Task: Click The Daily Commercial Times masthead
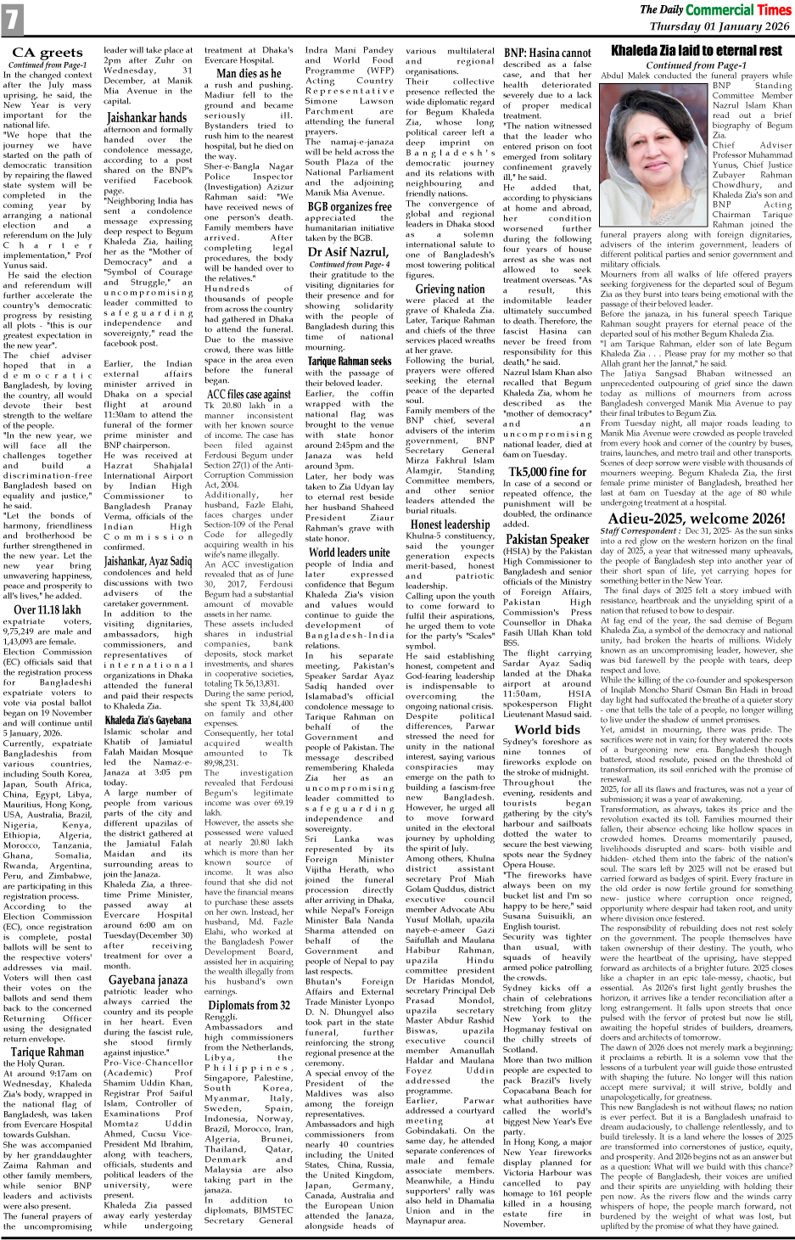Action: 714,10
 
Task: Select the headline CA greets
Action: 47,53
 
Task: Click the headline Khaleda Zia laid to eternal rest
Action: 696,51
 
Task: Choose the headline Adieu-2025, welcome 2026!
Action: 697,519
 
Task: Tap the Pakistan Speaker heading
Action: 547,539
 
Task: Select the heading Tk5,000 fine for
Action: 547,472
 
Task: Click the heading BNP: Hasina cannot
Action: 547,53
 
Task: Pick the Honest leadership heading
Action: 450,525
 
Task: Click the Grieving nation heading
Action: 450,289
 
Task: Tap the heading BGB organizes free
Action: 350,206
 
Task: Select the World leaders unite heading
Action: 350,553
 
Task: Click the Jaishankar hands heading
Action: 147,117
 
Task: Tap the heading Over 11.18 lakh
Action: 48,609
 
